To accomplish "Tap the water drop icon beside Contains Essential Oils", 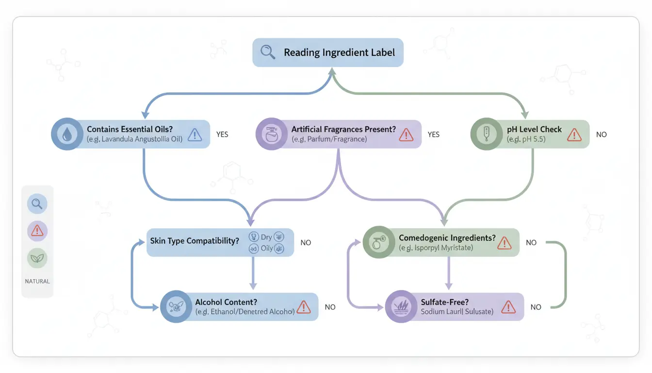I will [x=66, y=135].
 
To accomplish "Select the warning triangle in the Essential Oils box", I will [x=195, y=135].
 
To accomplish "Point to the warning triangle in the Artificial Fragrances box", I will [x=406, y=135].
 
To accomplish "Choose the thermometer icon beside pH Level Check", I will [x=486, y=135].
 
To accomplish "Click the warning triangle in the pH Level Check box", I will [x=574, y=135].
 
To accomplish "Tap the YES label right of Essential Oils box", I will [x=222, y=135].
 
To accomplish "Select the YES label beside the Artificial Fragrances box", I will [x=434, y=135].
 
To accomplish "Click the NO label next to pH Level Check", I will [x=602, y=135].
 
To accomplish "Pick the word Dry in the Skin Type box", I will [x=266, y=237].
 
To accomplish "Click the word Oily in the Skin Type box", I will [x=267, y=249].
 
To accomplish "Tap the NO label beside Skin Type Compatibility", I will [x=306, y=242].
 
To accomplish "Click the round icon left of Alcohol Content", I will [x=176, y=307].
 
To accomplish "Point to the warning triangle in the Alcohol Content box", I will [x=304, y=307].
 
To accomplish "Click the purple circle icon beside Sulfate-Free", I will [x=400, y=307].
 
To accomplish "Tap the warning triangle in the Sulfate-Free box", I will [x=508, y=307].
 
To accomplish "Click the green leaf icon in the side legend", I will [x=37, y=258].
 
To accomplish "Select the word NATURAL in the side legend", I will [x=37, y=281].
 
